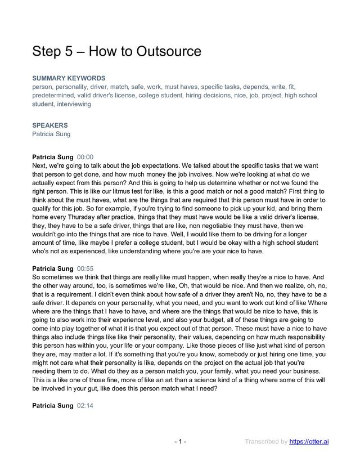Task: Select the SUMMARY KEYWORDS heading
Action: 69,78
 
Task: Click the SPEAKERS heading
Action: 50,125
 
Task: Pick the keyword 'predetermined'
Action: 55,96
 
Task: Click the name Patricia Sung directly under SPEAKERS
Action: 51,134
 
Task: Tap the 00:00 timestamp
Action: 85,157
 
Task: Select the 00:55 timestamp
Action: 85,269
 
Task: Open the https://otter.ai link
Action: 309,441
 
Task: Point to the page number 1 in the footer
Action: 180,441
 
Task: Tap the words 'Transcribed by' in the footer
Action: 265,441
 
